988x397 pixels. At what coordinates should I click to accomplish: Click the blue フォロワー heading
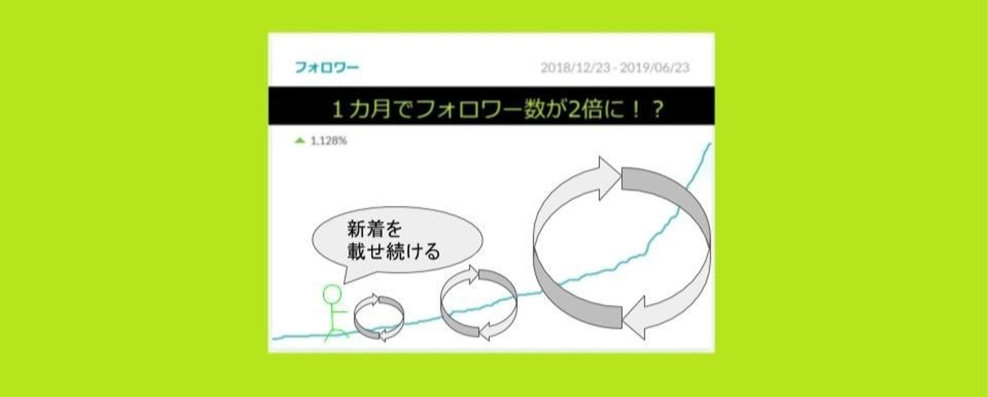tap(327, 67)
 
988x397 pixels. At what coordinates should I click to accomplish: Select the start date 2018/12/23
tap(576, 67)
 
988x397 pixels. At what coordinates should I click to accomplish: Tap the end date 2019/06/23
tap(655, 67)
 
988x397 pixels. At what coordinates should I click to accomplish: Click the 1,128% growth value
tap(329, 141)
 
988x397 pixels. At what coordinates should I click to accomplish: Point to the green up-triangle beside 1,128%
tap(300, 141)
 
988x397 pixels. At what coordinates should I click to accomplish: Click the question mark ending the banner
tap(658, 109)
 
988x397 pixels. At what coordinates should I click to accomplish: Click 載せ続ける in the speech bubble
tap(394, 251)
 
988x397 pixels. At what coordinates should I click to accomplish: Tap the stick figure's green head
tap(332, 295)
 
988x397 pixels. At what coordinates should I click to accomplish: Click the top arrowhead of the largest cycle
tap(609, 178)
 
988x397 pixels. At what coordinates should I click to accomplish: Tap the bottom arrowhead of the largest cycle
tap(635, 318)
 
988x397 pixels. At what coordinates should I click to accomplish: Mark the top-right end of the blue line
tap(710, 144)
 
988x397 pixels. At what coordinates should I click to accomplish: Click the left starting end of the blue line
tap(274, 339)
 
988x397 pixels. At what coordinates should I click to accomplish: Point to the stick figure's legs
tap(336, 333)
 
